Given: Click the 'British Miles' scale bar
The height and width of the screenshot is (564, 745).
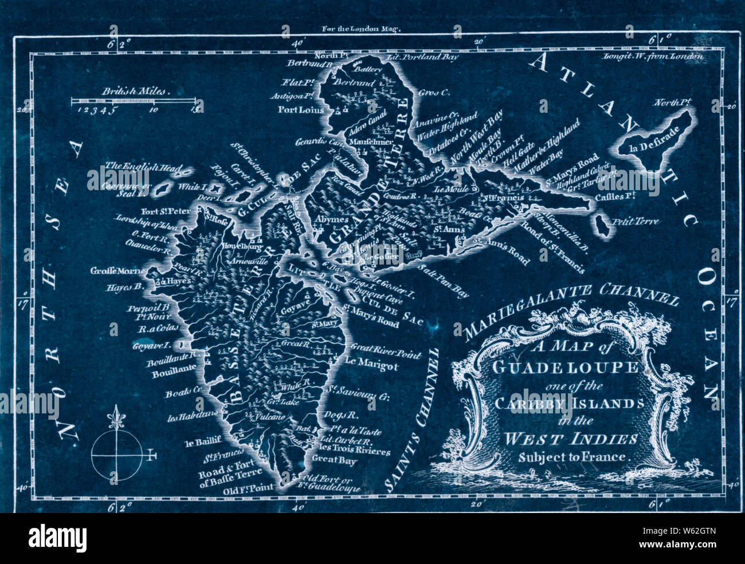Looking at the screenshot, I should tap(136, 101).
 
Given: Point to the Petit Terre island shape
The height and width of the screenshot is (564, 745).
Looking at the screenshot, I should tap(602, 226).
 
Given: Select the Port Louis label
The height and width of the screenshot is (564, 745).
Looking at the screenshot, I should tap(301, 110).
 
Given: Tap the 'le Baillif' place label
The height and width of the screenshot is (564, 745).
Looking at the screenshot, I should tap(199, 443).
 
